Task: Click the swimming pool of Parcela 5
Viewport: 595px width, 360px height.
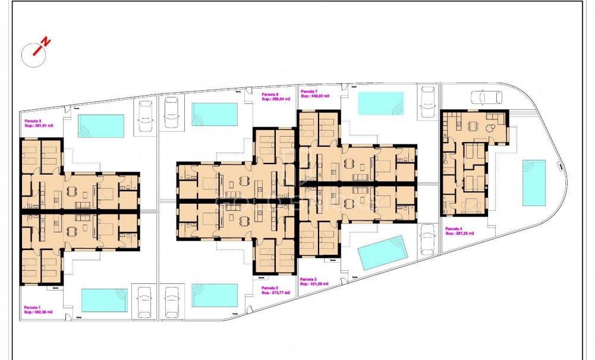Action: pyautogui.click(x=101, y=126)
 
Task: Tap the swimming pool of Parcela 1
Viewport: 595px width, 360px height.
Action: pyautogui.click(x=104, y=300)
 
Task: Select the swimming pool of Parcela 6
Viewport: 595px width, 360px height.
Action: pyautogui.click(x=215, y=114)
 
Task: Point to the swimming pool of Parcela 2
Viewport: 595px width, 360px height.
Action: pyautogui.click(x=215, y=295)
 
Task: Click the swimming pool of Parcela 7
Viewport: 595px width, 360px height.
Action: pyautogui.click(x=380, y=103)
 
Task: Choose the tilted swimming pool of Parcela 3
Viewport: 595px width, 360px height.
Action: pyautogui.click(x=383, y=253)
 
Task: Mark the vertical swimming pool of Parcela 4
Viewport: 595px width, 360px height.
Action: pyautogui.click(x=534, y=182)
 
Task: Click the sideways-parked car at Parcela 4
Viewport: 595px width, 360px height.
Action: pyautogui.click(x=486, y=97)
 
